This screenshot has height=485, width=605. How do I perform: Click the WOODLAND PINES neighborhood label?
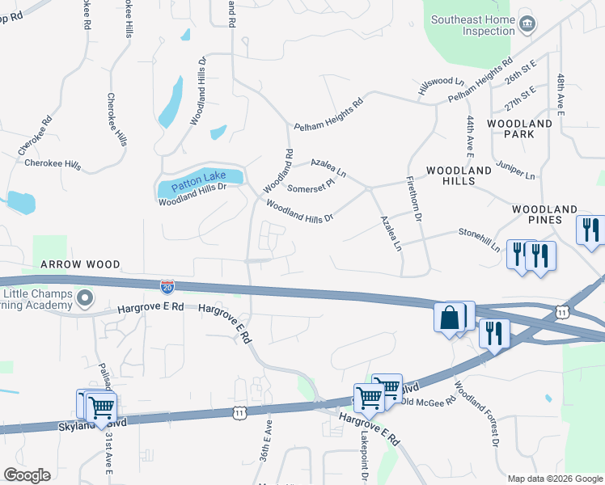pos(548,214)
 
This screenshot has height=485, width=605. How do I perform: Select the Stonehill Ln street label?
pos(480,239)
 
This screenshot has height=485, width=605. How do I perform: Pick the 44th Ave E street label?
pos(470,133)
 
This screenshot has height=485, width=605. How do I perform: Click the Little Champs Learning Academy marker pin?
pos(82,301)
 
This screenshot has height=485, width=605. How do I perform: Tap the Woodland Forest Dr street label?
pos(476,414)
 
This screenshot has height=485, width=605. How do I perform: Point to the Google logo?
pos(27,475)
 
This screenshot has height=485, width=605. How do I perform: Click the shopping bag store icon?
pos(449,318)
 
